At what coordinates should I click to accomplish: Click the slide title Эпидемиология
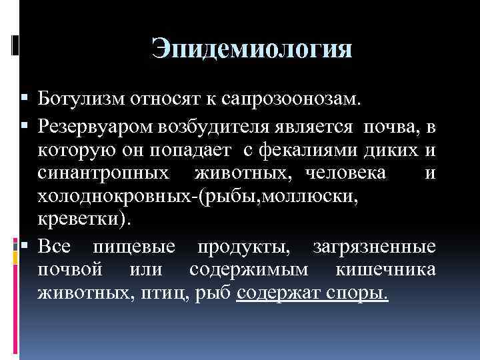(251, 49)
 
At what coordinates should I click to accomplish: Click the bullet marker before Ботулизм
(15, 100)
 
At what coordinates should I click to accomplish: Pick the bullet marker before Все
(15, 246)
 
